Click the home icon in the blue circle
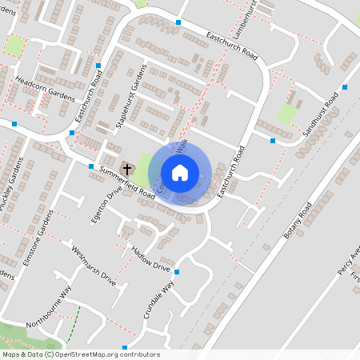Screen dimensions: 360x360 tap(180, 173)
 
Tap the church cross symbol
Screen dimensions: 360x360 tap(127, 169)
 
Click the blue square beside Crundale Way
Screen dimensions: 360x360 tap(177, 273)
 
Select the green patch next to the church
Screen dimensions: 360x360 tap(142, 169)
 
